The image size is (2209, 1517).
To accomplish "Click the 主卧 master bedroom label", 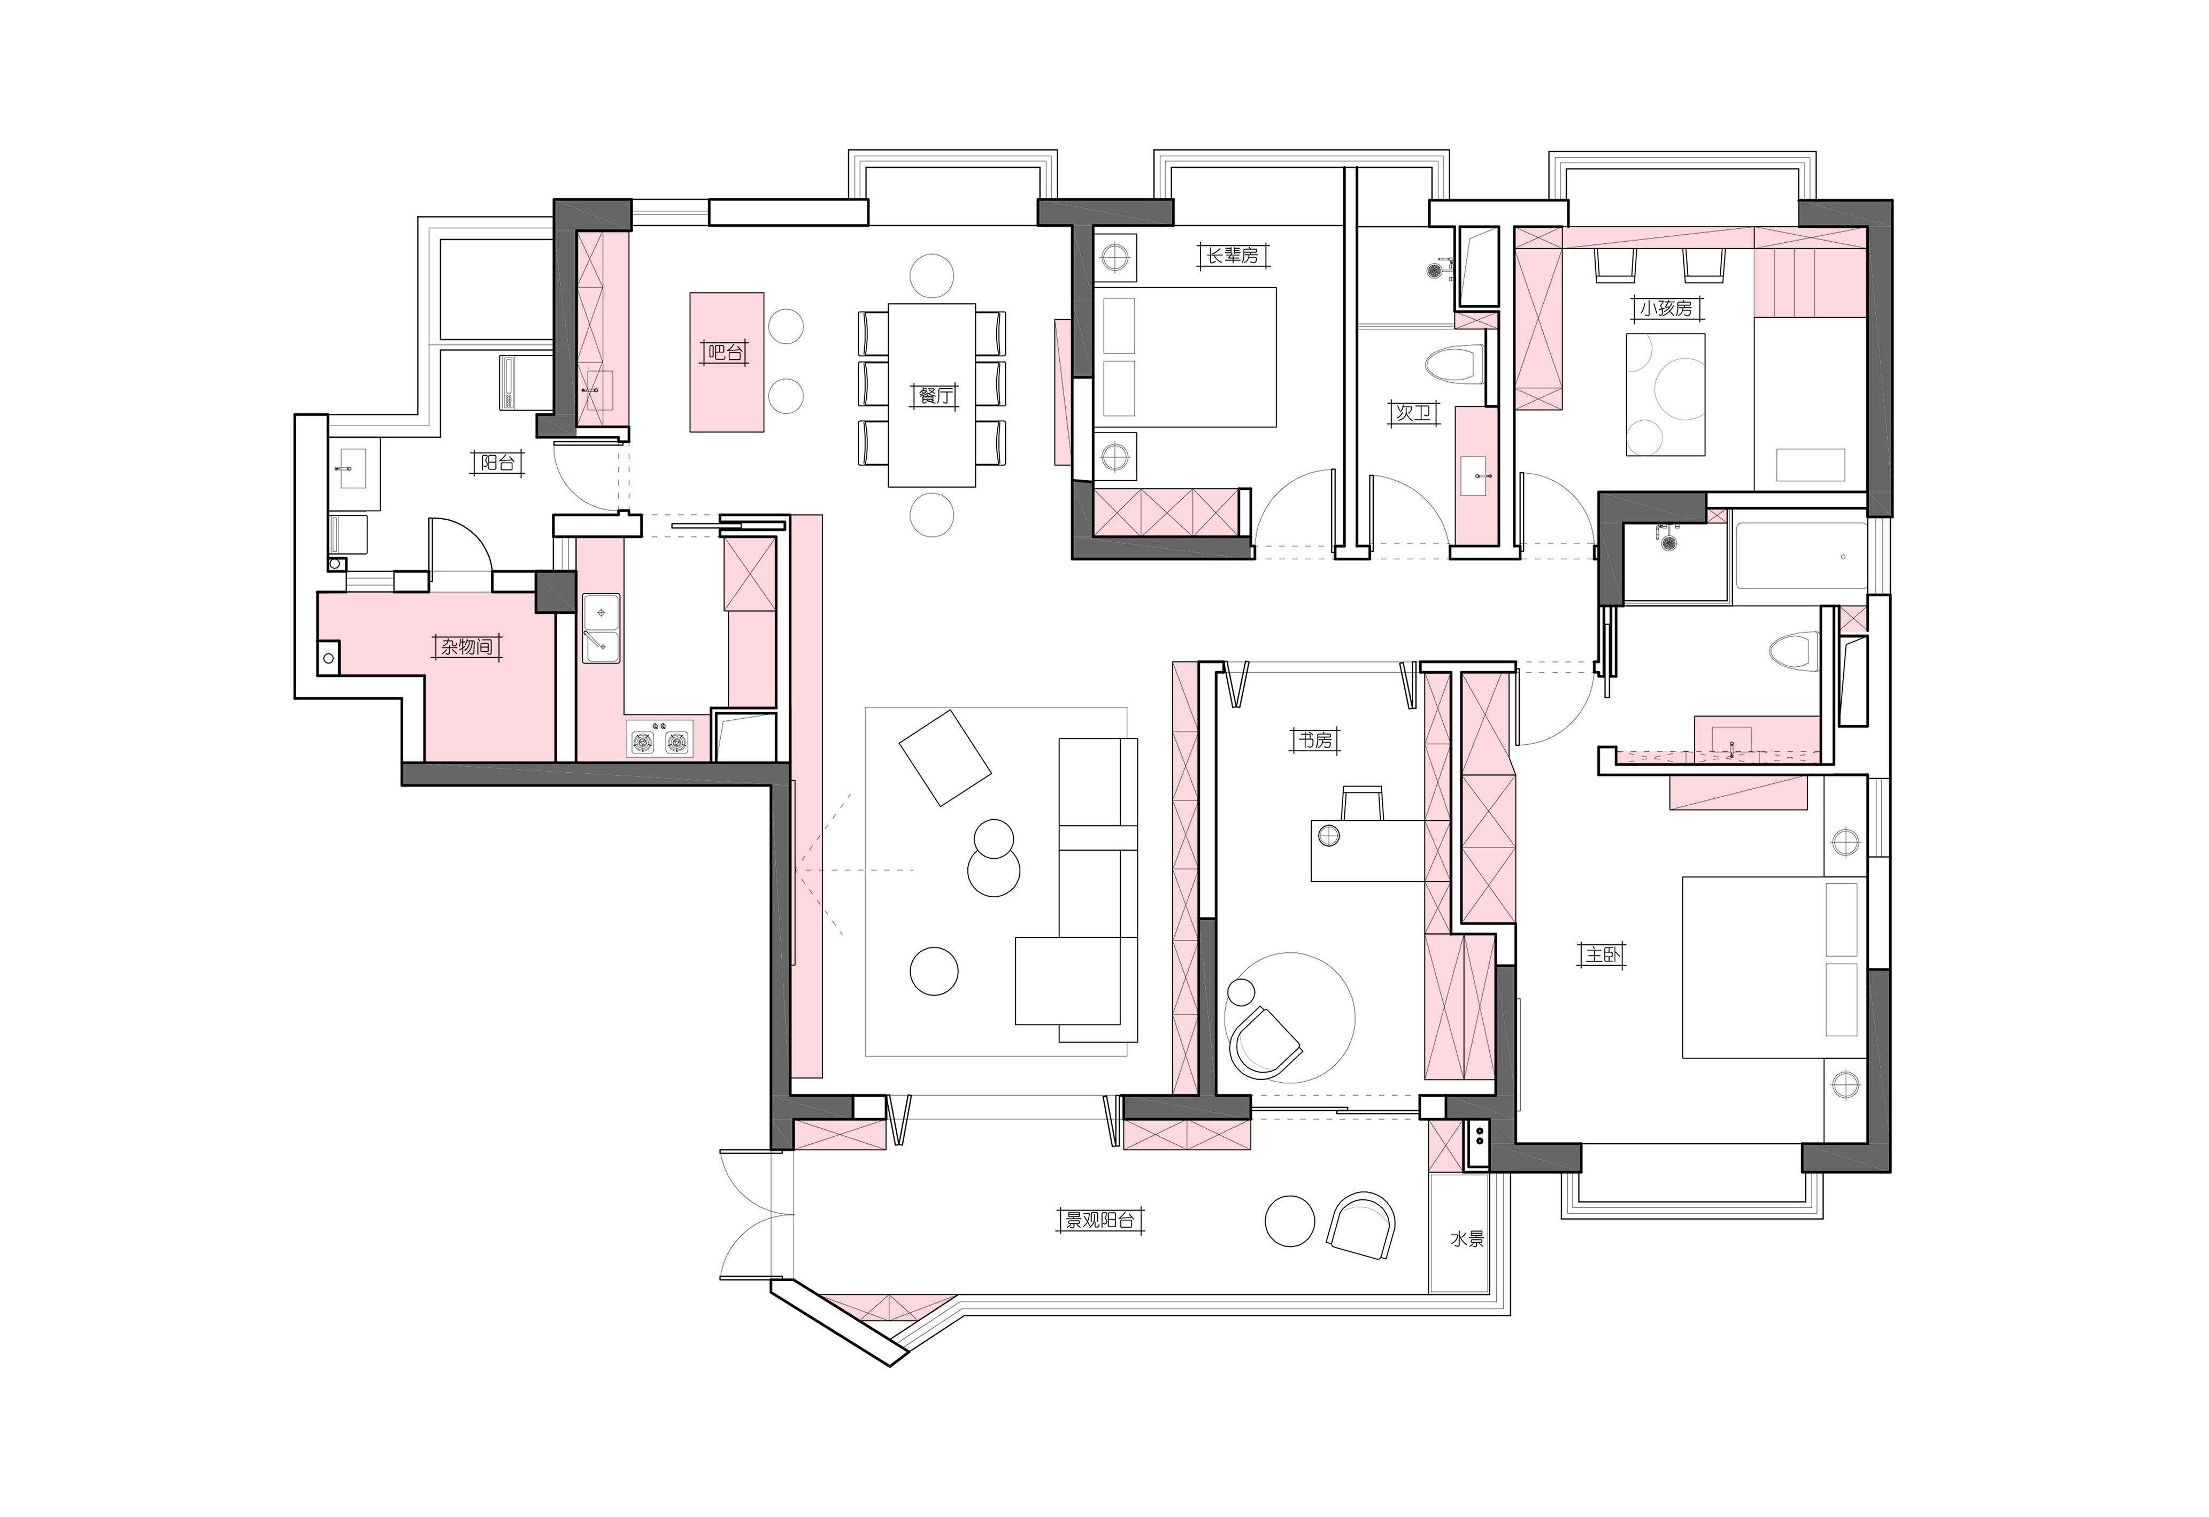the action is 1603,954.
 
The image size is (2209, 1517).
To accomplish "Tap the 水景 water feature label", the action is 1467,1239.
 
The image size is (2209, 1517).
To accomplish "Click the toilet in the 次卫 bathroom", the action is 1454,363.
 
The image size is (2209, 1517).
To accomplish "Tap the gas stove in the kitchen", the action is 660,738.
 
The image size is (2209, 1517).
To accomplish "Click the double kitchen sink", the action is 601,628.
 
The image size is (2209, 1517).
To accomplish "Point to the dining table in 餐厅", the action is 932,395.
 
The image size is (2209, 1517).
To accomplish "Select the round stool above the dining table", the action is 932,275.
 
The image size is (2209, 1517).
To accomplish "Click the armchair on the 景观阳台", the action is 1361,1225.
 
